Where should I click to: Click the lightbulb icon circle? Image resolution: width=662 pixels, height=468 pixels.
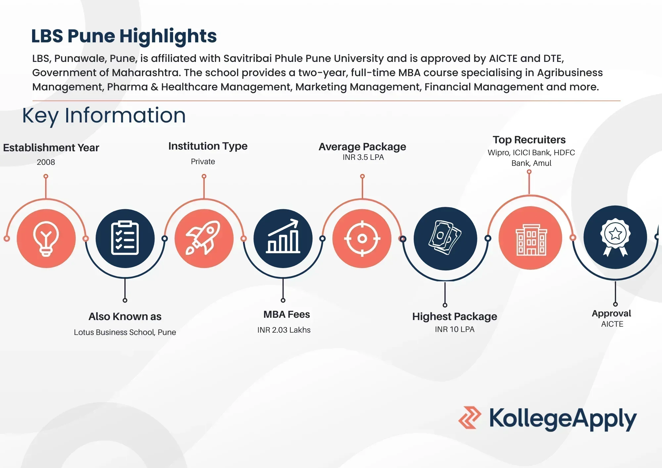coord(46,238)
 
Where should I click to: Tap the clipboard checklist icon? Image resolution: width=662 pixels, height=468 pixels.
coord(125,238)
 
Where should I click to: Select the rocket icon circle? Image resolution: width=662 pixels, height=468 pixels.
coord(204,238)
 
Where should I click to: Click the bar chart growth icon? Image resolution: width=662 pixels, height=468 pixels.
coord(283,238)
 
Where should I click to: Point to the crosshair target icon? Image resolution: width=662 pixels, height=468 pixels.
coord(362,238)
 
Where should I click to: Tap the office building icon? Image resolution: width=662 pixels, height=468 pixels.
coord(531,238)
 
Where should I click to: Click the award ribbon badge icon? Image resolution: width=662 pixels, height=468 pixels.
coord(615,237)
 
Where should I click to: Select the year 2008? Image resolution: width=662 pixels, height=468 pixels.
coord(46,162)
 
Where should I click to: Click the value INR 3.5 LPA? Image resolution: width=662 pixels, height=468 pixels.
coord(363,158)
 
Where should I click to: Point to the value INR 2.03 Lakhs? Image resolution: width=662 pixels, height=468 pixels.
coord(284,330)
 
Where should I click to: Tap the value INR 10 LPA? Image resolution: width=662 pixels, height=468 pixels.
coord(454,329)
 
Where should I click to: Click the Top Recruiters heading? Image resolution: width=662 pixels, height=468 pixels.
coord(529,140)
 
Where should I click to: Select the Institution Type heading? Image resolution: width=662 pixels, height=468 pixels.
coord(208,146)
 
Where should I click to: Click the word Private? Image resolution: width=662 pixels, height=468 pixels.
coord(203,162)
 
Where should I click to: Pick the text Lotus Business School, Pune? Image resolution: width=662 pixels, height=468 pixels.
coord(125,332)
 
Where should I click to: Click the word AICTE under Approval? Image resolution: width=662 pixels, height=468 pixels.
coord(612,324)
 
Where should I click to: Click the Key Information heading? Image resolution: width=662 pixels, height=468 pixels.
coord(104,116)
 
